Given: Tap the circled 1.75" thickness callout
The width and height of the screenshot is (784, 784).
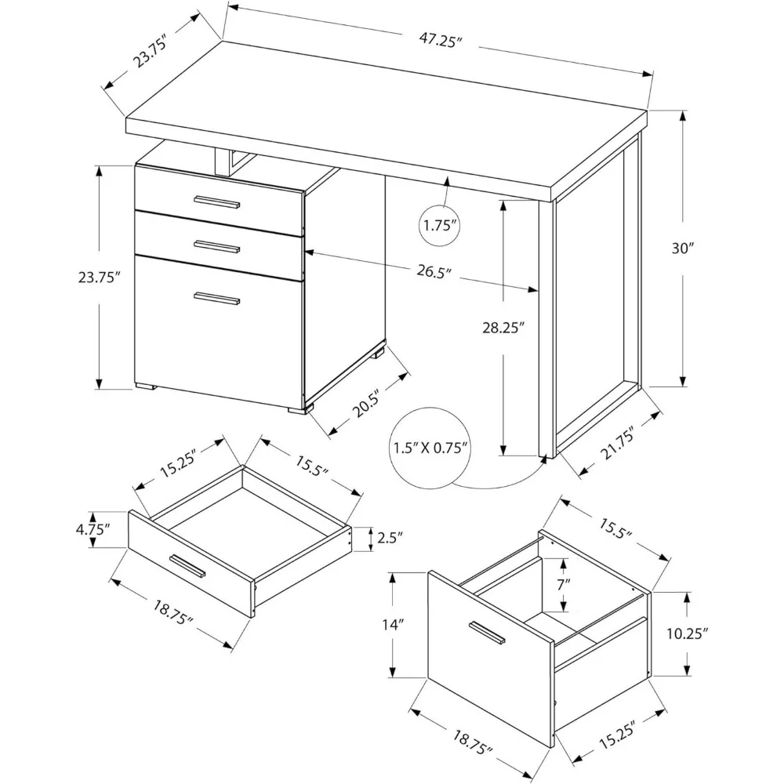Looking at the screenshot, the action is [439, 226].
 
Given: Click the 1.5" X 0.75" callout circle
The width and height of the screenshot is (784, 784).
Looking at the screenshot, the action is [430, 449].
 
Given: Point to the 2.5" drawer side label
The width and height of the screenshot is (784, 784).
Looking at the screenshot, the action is [389, 538].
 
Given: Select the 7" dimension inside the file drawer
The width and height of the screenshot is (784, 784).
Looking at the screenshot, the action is [564, 583].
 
